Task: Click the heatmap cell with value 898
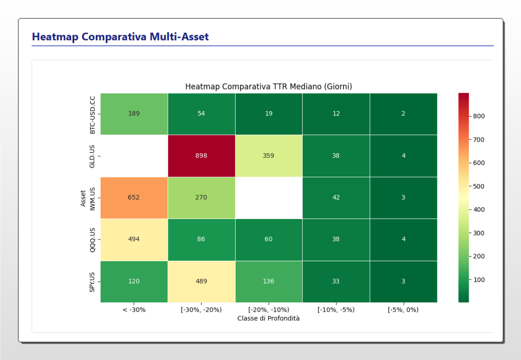pos(201,156)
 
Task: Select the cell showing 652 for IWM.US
pos(134,198)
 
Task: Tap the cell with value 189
pos(134,114)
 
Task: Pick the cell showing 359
pos(269,156)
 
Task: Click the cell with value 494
pos(134,239)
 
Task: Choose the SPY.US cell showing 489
pos(201,281)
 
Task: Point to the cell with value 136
pos(269,281)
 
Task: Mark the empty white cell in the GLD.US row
pos(134,156)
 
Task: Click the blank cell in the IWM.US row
pos(269,198)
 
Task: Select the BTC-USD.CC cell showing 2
pos(403,114)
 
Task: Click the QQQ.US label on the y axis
pos(93,239)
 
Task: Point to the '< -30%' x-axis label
pos(134,310)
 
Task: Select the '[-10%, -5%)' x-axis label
pos(336,310)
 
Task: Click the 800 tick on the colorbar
pos(478,116)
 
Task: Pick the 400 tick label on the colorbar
pos(478,210)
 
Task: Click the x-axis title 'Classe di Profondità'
pos(269,318)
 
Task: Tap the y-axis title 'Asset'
pos(83,198)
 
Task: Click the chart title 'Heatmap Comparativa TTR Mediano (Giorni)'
pos(269,87)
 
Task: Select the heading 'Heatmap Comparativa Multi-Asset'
pos(120,37)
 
